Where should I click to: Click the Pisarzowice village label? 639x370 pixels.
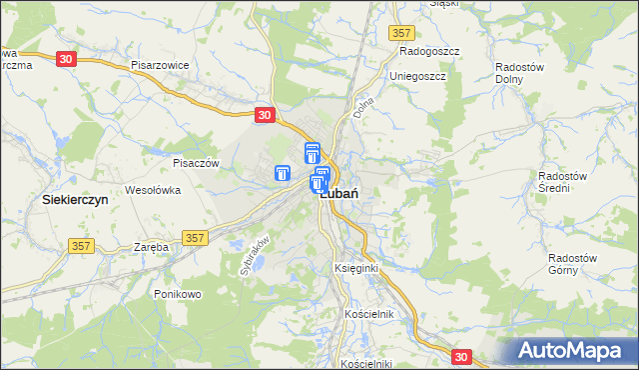tap(160, 63)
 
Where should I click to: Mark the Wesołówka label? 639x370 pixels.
tap(152, 189)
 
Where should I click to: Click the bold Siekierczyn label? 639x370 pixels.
tap(75, 200)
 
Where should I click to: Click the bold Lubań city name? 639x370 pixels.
tap(340, 195)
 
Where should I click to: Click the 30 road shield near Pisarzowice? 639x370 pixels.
tap(65, 59)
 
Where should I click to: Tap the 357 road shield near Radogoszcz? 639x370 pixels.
tap(403, 33)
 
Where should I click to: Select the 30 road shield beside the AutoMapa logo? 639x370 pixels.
tap(461, 355)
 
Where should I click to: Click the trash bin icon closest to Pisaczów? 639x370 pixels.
tap(283, 173)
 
